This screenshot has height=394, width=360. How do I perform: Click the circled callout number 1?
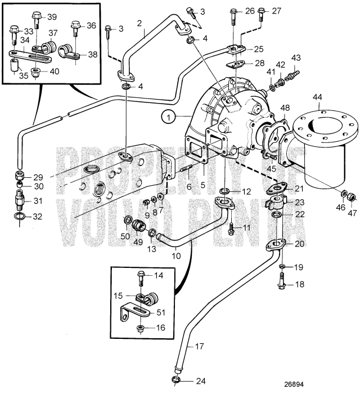tap(167, 117)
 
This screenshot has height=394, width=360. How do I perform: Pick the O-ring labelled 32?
tap(20, 217)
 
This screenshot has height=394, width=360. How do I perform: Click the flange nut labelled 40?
tap(36, 71)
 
